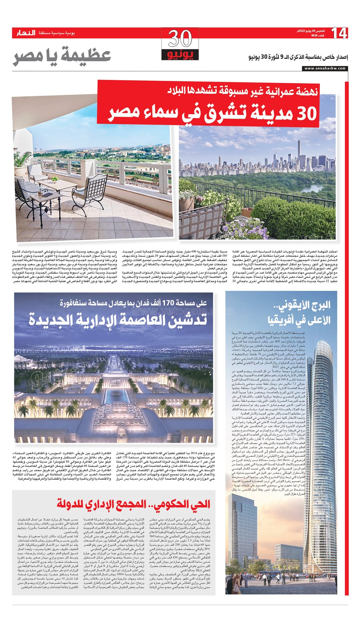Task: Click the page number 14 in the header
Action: pos(339,33)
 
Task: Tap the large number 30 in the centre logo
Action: pos(180,39)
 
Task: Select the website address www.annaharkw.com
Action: pos(325,68)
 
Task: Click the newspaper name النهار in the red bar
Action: pos(26,33)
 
